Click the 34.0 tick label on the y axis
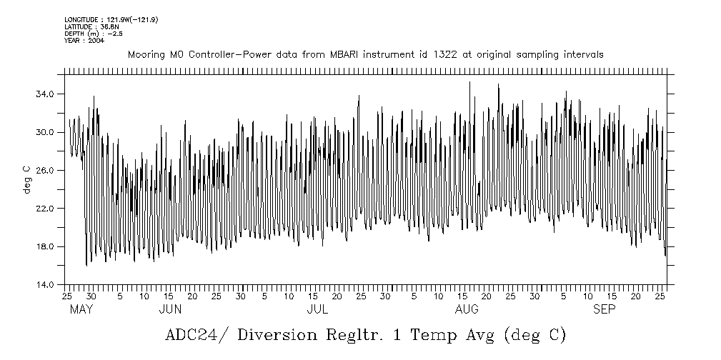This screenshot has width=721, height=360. coord(46,94)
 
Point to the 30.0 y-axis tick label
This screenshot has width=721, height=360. coord(46,132)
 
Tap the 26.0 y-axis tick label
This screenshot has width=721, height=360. coord(46,171)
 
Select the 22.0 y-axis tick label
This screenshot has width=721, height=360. coord(46,209)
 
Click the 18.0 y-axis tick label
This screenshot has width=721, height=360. coord(46,246)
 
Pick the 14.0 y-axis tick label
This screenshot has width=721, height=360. coord(46,284)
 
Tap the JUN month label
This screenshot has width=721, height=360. coord(169,309)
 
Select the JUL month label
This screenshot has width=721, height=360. coord(317,309)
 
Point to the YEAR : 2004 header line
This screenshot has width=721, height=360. coord(84,41)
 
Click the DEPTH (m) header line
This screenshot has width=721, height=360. coord(92,34)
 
